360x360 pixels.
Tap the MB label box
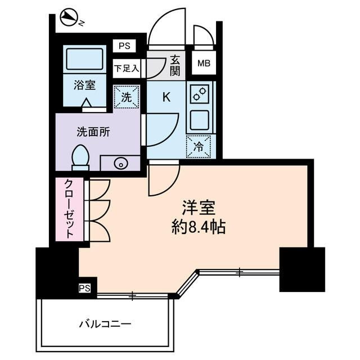[202, 63]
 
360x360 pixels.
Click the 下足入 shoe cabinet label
[127, 69]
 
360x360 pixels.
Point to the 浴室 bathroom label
[84, 85]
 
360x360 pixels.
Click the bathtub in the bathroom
[85, 58]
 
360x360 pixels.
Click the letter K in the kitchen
[167, 97]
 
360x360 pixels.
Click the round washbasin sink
[119, 164]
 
